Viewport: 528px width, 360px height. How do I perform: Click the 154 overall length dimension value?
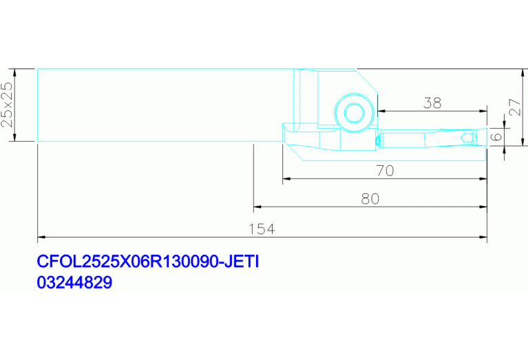coord(262,229)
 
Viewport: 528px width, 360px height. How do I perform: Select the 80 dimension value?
coord(370,199)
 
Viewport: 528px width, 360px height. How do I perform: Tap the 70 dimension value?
coord(385,171)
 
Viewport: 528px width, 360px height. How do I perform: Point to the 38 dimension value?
coord(432,103)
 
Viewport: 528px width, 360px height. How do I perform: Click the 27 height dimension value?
coord(515,107)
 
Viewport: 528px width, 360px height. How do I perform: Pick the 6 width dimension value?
coord(496,137)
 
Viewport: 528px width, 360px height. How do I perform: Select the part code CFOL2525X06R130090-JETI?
coord(148,262)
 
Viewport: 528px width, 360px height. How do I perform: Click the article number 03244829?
coord(74,282)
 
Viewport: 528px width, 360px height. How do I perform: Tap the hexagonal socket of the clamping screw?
coord(354,113)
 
